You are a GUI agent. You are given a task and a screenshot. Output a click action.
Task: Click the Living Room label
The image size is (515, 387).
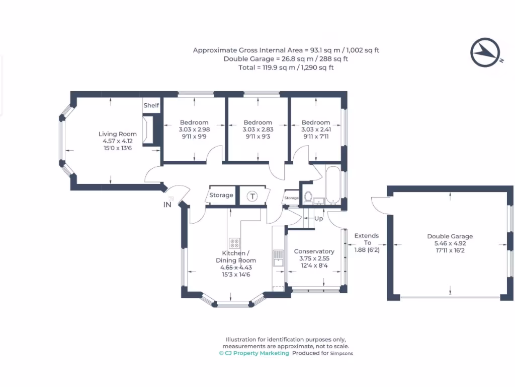(117, 134)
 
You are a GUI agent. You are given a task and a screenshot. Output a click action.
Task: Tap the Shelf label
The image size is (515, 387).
(151, 105)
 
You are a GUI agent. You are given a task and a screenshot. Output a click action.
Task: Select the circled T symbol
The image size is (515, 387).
(252, 196)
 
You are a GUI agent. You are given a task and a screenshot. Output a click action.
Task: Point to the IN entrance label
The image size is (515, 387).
(167, 205)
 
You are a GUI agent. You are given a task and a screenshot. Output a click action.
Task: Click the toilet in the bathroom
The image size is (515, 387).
(308, 196)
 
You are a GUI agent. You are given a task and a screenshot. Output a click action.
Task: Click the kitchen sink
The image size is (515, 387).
(277, 259)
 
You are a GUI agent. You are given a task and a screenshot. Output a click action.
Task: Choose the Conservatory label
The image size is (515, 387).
(314, 251)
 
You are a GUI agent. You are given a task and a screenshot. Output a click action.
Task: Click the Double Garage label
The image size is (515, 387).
(450, 236)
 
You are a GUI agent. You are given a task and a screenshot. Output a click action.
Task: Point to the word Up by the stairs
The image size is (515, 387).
(318, 219)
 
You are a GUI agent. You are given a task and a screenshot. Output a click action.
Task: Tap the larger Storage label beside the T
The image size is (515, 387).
(221, 196)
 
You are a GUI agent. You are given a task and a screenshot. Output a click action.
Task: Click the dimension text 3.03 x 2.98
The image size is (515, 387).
(194, 130)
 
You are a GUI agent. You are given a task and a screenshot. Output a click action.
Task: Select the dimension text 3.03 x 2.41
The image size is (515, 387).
(316, 130)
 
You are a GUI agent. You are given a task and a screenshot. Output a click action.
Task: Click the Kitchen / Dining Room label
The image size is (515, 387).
(235, 256)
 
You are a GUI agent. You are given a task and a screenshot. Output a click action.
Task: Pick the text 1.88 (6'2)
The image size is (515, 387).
(367, 249)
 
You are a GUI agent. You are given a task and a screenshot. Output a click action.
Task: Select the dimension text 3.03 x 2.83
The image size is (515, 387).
(257, 130)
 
